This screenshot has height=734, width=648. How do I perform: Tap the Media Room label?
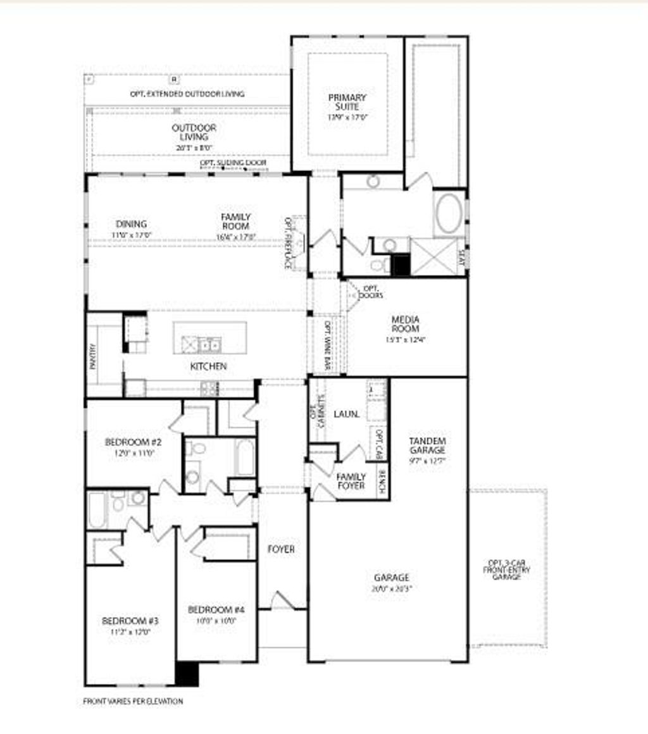point(406,323)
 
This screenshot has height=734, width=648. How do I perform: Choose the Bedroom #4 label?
point(216,609)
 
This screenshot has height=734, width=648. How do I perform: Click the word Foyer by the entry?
point(281,549)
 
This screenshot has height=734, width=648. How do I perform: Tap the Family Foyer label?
point(351,481)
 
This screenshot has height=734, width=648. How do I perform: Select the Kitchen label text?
point(208,366)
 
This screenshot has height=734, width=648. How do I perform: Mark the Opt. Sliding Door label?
point(234,163)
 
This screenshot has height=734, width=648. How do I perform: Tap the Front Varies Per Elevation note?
point(133,701)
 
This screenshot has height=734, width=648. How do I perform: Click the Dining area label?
point(132,224)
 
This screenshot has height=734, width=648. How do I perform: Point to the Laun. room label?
point(347,414)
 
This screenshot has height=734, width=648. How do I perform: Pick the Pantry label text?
point(93,356)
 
